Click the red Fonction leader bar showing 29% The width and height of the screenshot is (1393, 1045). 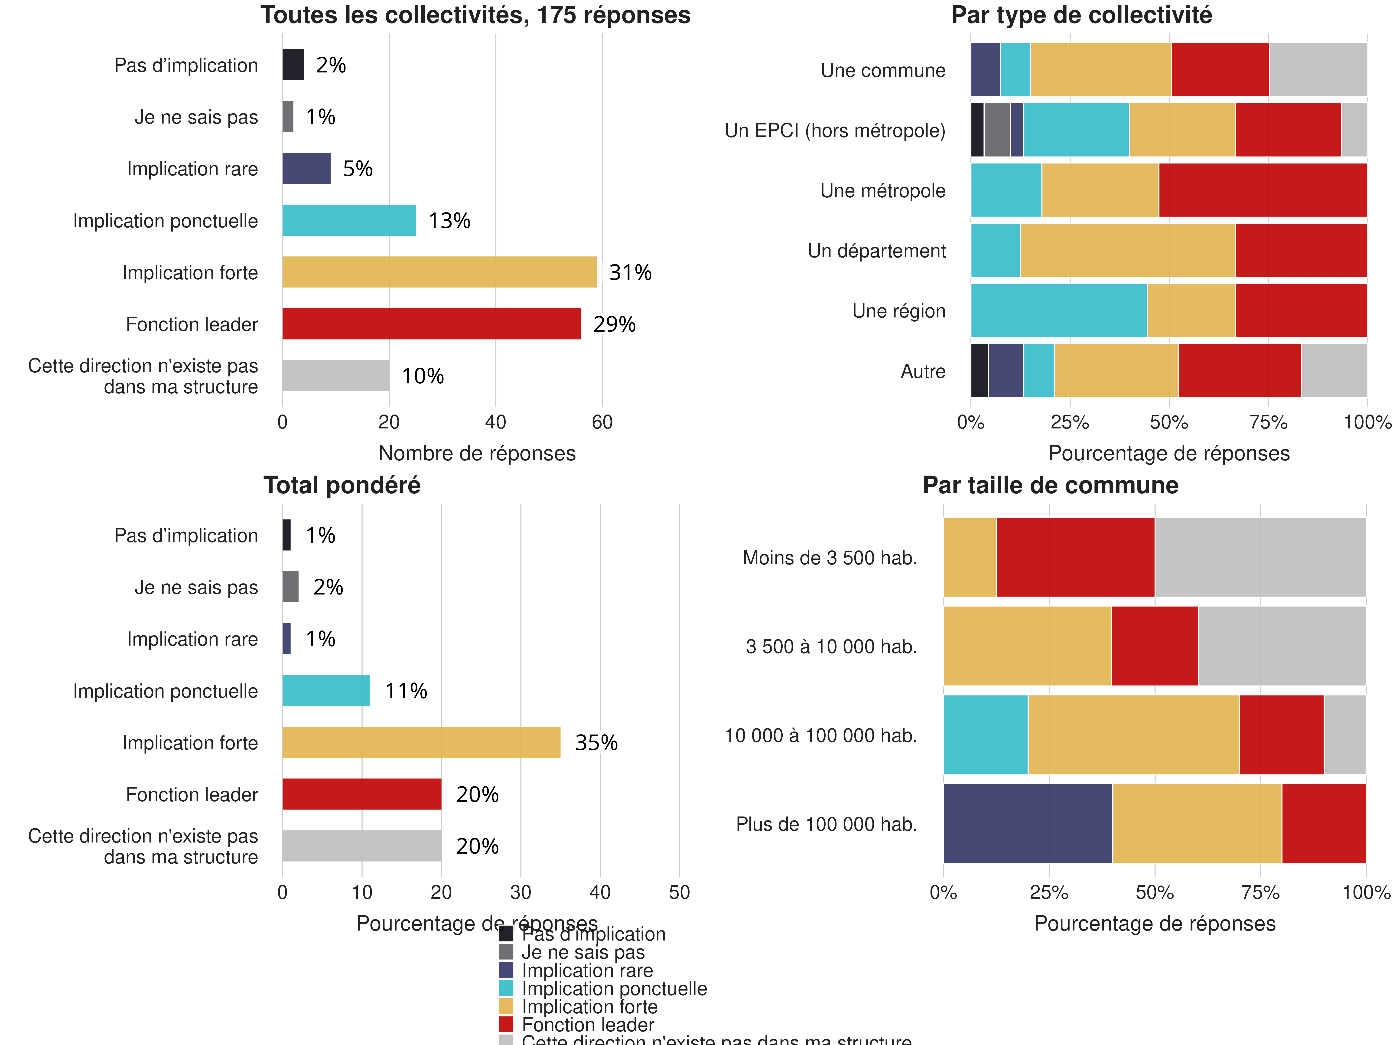coord(431,324)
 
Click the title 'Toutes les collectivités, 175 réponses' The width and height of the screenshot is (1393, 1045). coord(475,15)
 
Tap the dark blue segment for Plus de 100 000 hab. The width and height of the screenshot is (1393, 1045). coord(1028,823)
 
